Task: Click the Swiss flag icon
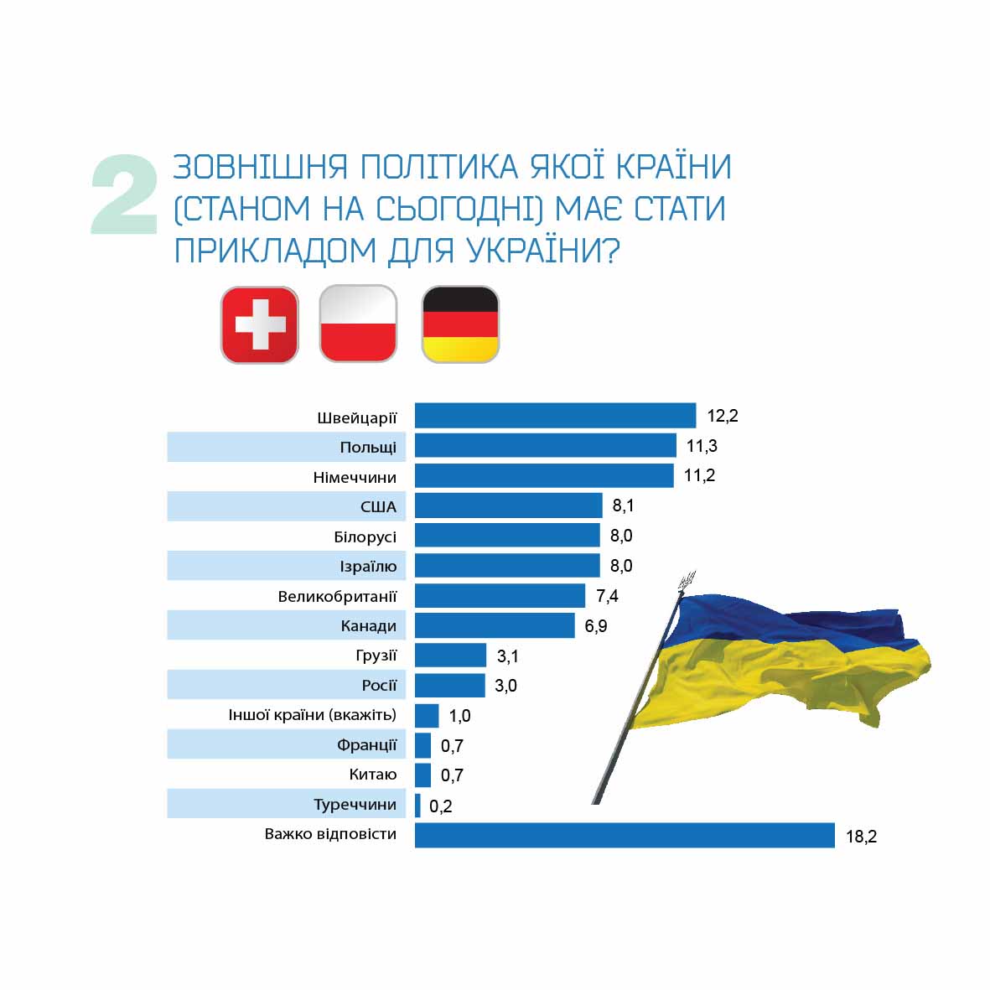click(x=259, y=325)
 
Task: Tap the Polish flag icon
click(x=359, y=324)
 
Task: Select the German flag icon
click(x=460, y=324)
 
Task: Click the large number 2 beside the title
click(x=125, y=195)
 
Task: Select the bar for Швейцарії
click(x=555, y=416)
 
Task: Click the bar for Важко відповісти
click(x=625, y=836)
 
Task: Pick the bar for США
click(x=508, y=505)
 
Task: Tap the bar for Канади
click(x=495, y=625)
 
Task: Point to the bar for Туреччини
click(x=417, y=806)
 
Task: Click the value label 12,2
click(x=723, y=416)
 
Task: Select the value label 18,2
click(x=861, y=837)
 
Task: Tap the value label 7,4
click(x=607, y=596)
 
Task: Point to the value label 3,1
click(x=507, y=656)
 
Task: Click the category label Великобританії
click(x=337, y=597)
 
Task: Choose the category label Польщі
click(x=368, y=447)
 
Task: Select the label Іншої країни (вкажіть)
click(x=312, y=715)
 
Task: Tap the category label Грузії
click(x=376, y=656)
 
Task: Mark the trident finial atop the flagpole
click(x=687, y=579)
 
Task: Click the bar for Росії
click(x=450, y=686)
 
